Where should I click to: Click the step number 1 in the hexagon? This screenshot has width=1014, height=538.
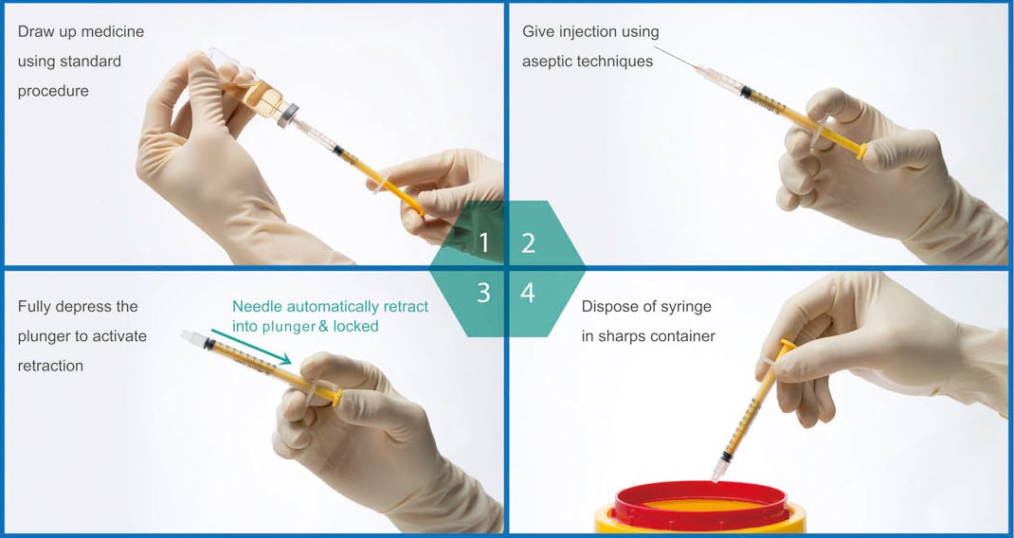[484, 243]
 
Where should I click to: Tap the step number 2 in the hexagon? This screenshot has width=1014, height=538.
[529, 243]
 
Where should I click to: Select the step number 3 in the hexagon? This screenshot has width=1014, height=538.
[483, 293]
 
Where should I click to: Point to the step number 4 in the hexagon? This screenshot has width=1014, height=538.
[528, 293]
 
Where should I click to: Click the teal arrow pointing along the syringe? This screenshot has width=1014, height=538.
[251, 347]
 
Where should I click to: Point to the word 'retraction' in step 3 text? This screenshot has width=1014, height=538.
[50, 366]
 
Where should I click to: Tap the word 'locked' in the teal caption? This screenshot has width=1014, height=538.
[355, 326]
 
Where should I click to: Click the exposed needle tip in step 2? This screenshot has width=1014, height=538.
[655, 46]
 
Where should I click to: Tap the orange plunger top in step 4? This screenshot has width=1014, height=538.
[788, 345]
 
